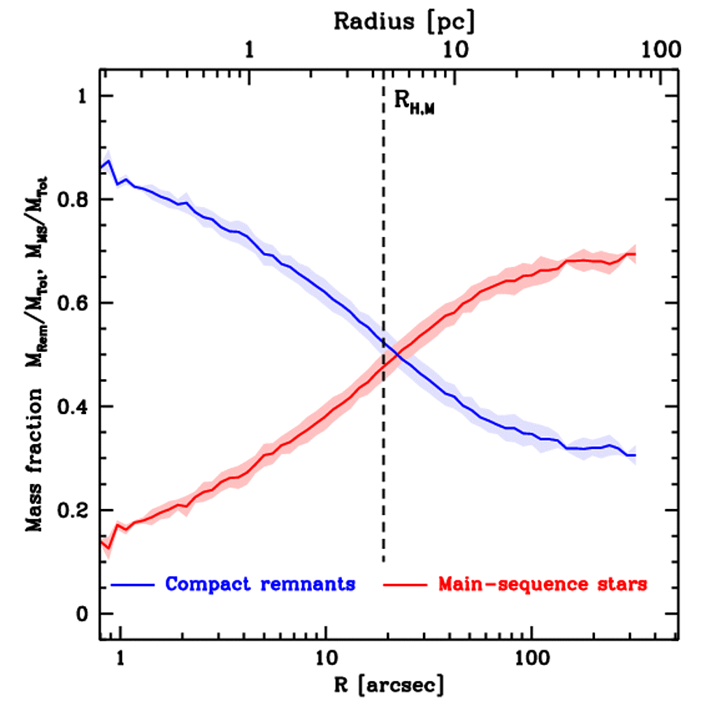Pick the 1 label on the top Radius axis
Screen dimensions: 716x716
(x=250, y=50)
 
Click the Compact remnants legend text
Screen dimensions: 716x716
(x=260, y=583)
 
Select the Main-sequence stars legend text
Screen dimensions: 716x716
(x=543, y=583)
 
